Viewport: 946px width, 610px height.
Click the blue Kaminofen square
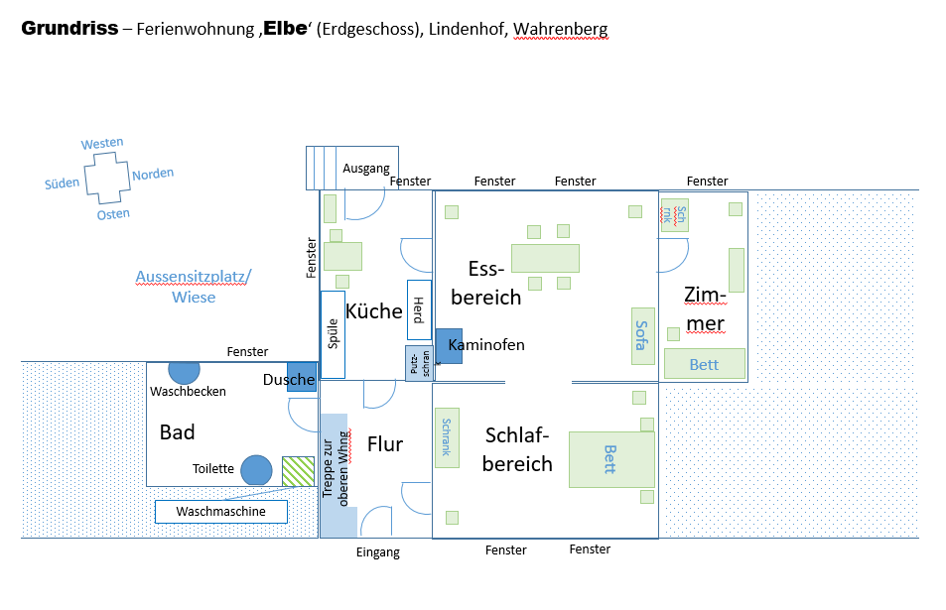[x=449, y=345]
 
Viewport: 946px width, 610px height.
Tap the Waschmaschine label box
[x=220, y=512]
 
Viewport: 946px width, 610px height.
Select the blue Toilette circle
[x=256, y=470]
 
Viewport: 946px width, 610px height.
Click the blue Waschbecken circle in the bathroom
[x=184, y=371]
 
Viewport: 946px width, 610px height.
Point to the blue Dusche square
[x=302, y=378]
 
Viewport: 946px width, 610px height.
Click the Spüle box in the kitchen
[x=333, y=334]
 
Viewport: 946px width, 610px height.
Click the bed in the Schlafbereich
[x=610, y=459]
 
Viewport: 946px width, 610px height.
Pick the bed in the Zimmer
[x=704, y=364]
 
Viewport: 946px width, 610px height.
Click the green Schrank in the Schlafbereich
[x=447, y=437]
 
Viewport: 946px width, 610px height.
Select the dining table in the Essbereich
[x=545, y=257]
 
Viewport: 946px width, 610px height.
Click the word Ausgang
[x=366, y=169]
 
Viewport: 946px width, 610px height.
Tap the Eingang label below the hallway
[x=377, y=552]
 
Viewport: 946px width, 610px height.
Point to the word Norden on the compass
[x=153, y=174]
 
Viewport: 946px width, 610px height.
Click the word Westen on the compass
[x=102, y=143]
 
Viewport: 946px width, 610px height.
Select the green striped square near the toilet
[x=297, y=470]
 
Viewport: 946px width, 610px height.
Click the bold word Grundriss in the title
[x=68, y=29]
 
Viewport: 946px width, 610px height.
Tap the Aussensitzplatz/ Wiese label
[x=194, y=286]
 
